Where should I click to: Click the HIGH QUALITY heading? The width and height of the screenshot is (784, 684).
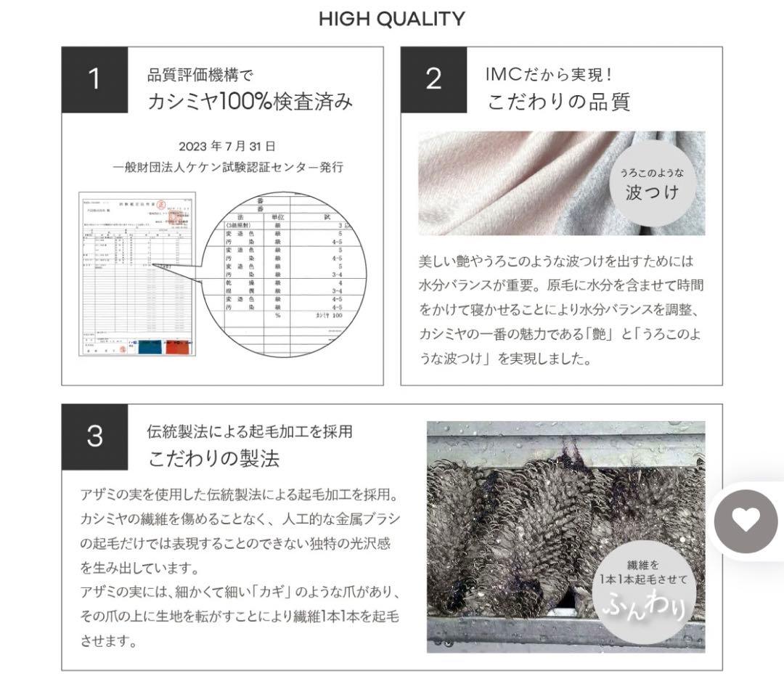[392, 19]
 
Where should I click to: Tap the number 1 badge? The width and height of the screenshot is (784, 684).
[94, 80]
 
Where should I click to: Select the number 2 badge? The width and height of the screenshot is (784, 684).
[433, 80]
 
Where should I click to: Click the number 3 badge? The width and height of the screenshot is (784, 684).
[94, 437]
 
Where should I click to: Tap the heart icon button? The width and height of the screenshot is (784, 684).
[746, 521]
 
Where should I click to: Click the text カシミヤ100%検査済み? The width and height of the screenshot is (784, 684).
[250, 102]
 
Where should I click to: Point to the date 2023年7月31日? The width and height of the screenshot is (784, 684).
[227, 146]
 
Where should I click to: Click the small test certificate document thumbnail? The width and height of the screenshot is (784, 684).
[137, 274]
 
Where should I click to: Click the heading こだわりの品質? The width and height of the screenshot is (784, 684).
[558, 102]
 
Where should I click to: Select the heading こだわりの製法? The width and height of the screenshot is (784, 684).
[214, 459]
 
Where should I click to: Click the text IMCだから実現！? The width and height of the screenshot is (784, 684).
[550, 74]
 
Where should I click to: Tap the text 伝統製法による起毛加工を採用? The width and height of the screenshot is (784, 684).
[250, 431]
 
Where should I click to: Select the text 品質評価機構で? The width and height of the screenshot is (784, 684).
[200, 75]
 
